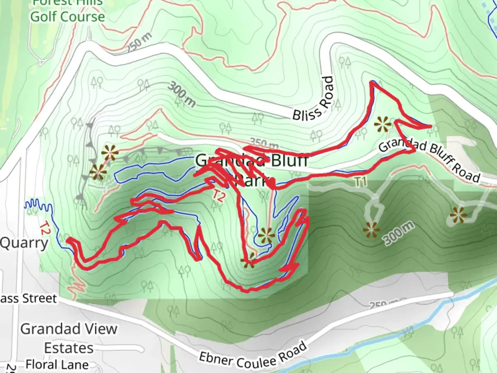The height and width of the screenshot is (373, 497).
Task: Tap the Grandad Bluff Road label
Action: [x=429, y=161]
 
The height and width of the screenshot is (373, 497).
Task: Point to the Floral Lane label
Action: [x=57, y=365]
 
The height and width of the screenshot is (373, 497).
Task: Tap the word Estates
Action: [x=69, y=348]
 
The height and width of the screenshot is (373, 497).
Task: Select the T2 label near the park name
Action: [x=218, y=196]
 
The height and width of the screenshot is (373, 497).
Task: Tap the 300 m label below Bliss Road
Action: [x=182, y=94]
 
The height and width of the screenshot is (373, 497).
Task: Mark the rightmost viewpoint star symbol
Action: [x=458, y=215]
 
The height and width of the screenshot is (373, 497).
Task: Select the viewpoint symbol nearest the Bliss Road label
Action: [x=383, y=124]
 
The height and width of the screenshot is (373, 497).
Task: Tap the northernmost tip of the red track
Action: [x=371, y=82]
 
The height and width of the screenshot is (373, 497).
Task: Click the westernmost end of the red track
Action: [x=68, y=239]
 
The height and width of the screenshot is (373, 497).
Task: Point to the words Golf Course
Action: [x=67, y=17]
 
